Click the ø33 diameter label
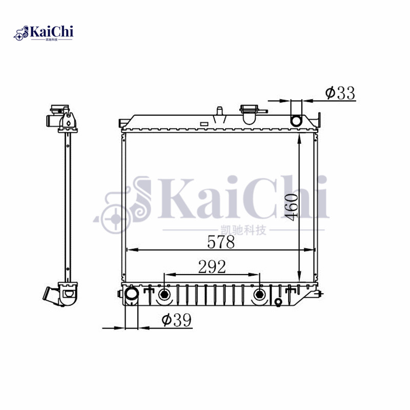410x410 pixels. tap(340, 93)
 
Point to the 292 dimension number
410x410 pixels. tap(212, 266)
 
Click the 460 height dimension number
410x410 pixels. tap(291, 207)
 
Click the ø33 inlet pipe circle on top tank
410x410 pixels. tap(297, 120)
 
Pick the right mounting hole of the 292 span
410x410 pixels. tap(260, 295)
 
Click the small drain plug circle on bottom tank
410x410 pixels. tap(278, 302)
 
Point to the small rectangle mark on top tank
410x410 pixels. tap(203, 124)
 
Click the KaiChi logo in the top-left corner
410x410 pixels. tap(44, 33)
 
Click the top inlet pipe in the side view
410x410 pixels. tap(52, 121)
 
